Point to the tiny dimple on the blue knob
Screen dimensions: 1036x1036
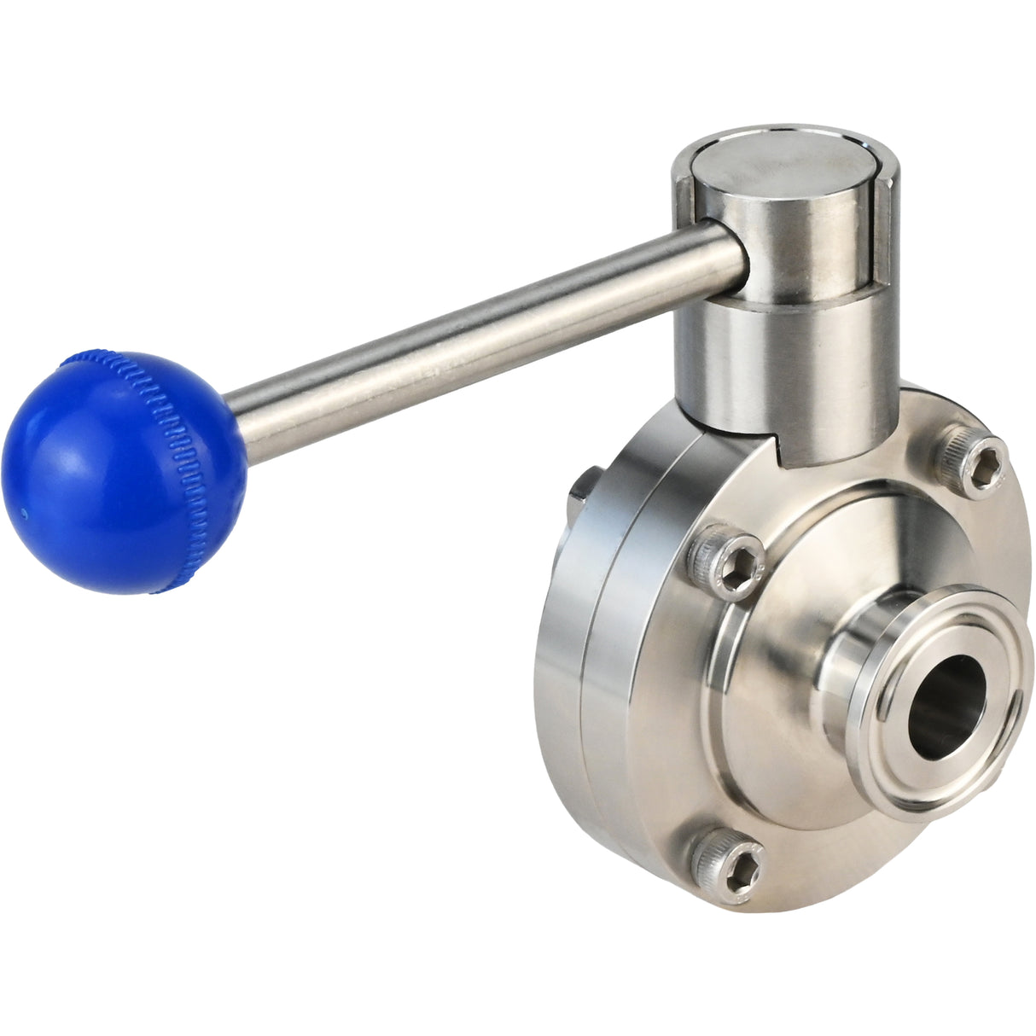pyautogui.click(x=24, y=514)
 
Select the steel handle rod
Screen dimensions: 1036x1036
pyautogui.click(x=478, y=333)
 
